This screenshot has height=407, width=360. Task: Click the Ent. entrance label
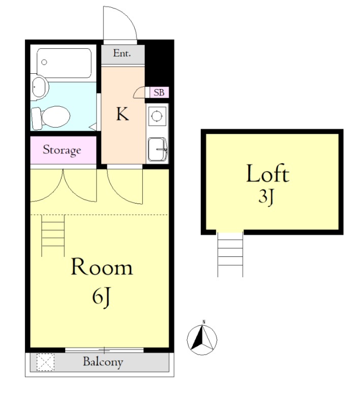(122, 53)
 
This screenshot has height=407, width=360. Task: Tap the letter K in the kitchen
(123, 114)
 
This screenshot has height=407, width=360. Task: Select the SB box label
(159, 93)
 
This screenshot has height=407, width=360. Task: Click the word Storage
(62, 150)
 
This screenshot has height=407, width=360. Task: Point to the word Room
(102, 267)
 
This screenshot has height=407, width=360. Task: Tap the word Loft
(267, 173)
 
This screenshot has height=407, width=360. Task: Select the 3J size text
(266, 197)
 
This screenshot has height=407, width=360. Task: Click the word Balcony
(103, 362)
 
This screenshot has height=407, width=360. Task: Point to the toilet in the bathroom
(50, 118)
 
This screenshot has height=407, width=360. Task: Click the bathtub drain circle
(44, 62)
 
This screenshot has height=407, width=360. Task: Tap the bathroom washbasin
(40, 87)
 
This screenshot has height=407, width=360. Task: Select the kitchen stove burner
(157, 116)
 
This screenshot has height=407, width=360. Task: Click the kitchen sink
(158, 149)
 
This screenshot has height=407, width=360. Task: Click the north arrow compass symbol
(202, 339)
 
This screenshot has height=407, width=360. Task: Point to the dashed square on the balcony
(45, 362)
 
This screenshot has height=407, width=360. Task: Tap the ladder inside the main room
(53, 236)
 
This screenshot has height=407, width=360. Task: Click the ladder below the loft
(230, 254)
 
